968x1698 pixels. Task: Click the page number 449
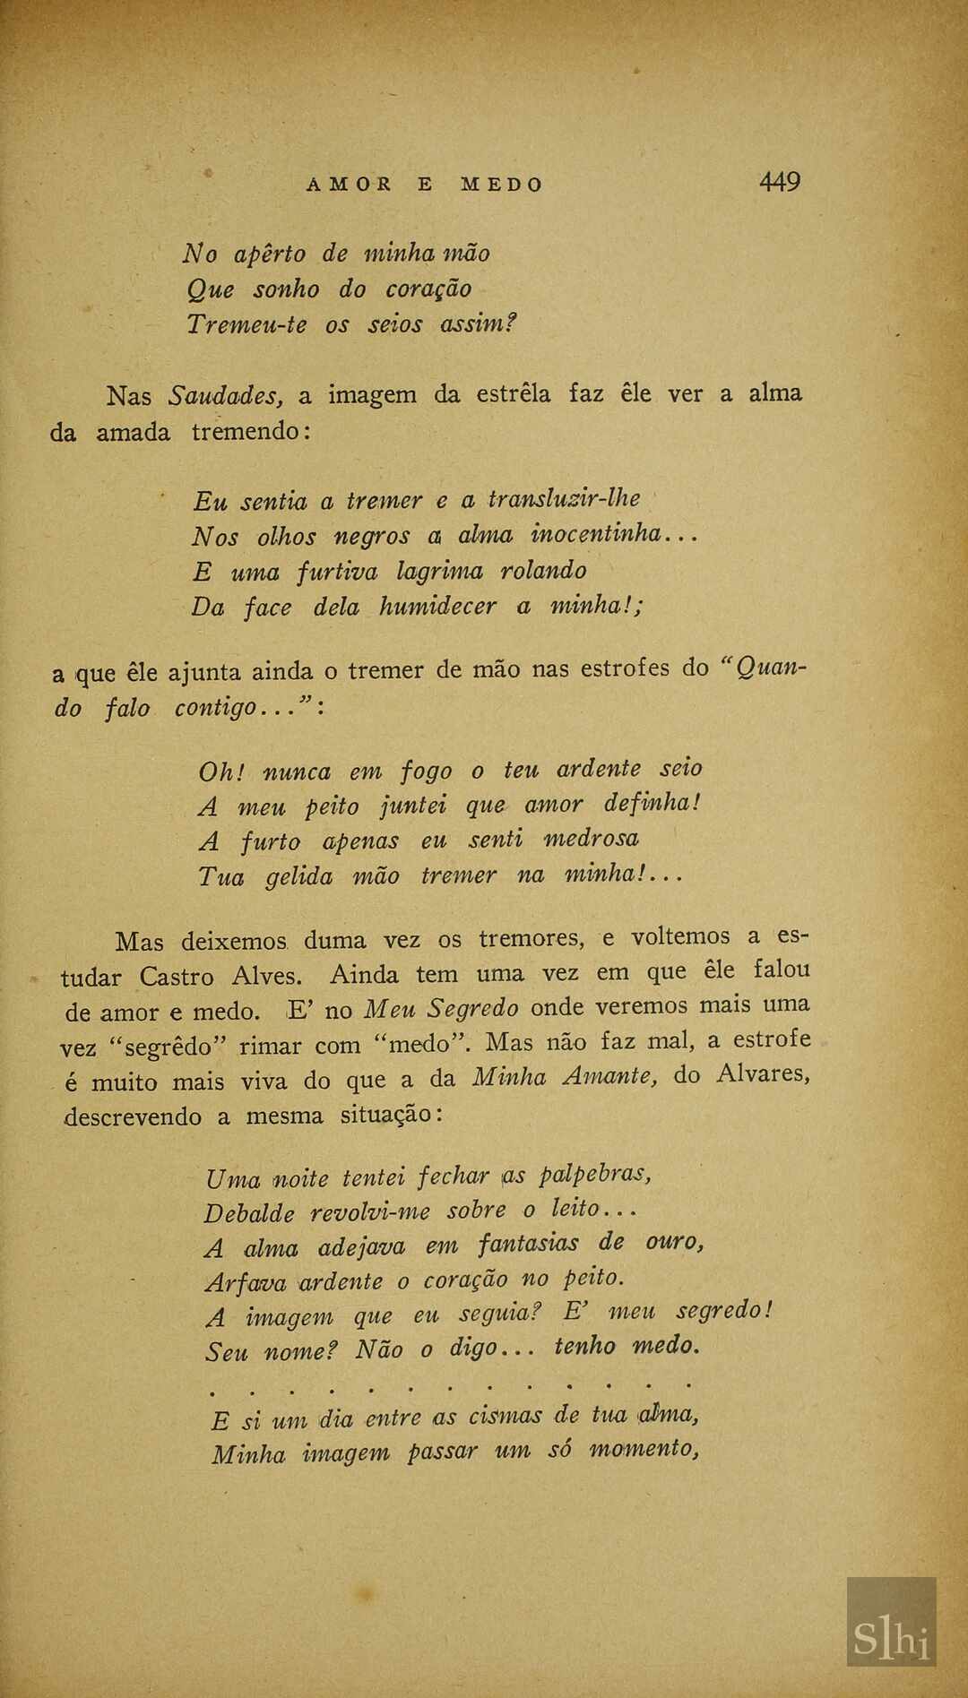pyautogui.click(x=779, y=182)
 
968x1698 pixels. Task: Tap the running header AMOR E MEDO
pyautogui.click(x=425, y=185)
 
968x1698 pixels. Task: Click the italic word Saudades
pyautogui.click(x=226, y=394)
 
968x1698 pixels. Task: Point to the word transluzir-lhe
pyautogui.click(x=564, y=498)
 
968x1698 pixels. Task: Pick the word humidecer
pyautogui.click(x=436, y=606)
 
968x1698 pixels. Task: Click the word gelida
pyautogui.click(x=298, y=875)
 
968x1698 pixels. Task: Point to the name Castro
pyautogui.click(x=176, y=976)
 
